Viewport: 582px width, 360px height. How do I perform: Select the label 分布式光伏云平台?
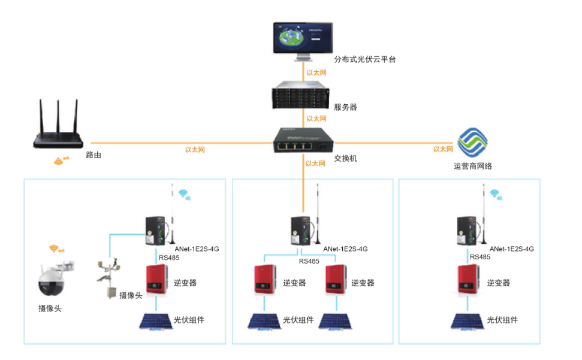[365, 59]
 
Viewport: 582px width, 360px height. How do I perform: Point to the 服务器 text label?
[345, 107]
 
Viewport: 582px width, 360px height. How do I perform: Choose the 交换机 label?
[345, 158]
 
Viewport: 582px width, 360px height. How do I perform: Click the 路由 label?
[94, 155]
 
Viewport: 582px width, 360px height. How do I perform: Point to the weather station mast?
[108, 279]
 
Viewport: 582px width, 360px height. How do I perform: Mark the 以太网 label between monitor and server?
[316, 72]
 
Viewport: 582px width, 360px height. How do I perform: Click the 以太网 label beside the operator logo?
[443, 149]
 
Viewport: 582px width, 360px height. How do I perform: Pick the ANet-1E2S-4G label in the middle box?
[345, 249]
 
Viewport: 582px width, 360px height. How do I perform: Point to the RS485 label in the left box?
[169, 257]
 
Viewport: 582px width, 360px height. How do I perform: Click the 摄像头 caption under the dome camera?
[50, 308]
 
